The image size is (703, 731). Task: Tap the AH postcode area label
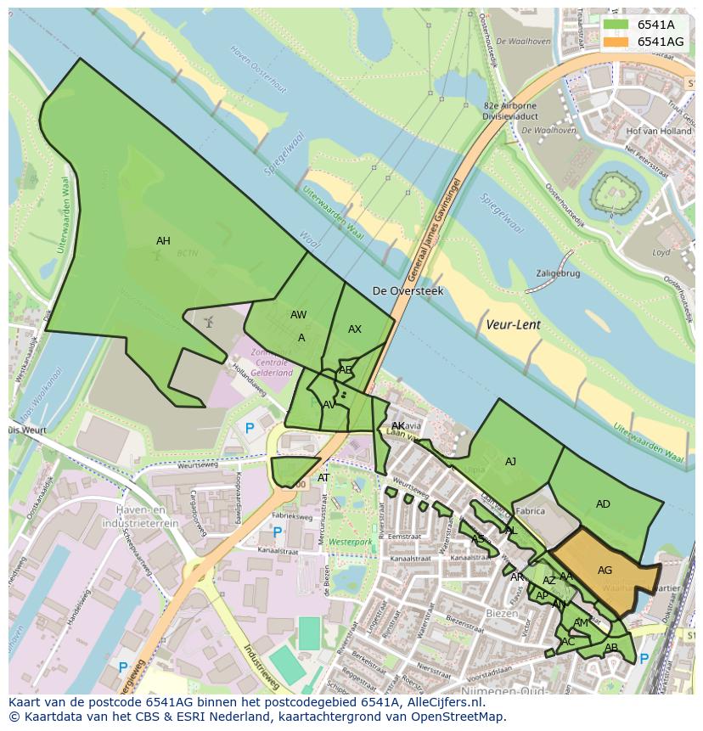coord(163,241)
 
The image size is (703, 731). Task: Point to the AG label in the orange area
coord(605,571)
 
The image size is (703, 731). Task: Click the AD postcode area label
coord(603,504)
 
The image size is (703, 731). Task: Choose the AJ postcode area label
coord(510,462)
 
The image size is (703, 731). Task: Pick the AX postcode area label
coord(355,329)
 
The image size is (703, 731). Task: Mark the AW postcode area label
coord(298,315)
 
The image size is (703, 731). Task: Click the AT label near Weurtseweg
coord(323,478)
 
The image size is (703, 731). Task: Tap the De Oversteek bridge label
coord(408,291)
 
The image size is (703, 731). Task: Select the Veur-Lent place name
coord(513,324)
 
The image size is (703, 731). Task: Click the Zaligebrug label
coord(558,274)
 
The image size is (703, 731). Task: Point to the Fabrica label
coord(530,511)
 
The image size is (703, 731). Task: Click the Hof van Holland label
coord(658,132)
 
